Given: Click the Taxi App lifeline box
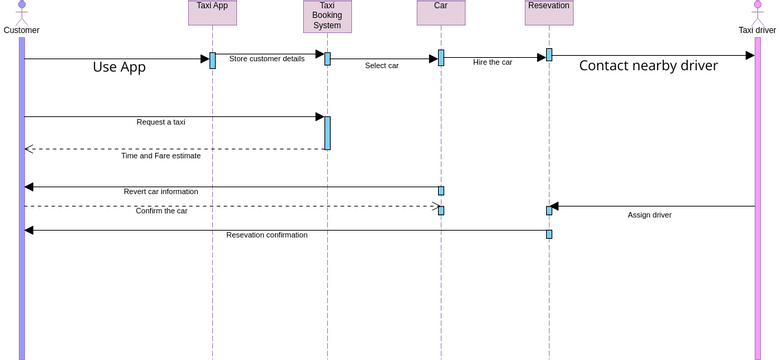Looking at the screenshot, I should tap(212, 12).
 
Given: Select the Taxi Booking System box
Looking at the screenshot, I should tap(327, 16).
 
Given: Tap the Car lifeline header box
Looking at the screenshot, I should tap(441, 12).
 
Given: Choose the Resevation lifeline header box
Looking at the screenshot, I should tap(549, 12).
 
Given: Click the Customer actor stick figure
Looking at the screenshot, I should tap(21, 11).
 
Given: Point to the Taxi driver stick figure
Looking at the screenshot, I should tap(757, 11).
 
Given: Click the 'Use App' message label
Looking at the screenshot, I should tap(119, 67).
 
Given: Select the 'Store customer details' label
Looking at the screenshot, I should tap(267, 59).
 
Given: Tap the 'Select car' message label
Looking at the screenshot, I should tap(382, 66).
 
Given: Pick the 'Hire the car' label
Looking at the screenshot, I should tap(492, 62).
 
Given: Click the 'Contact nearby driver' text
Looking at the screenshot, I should tap(648, 66).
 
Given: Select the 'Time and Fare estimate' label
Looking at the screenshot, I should tap(161, 156).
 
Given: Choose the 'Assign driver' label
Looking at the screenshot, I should tap(649, 215).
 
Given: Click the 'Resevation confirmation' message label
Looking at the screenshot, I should tap(267, 235).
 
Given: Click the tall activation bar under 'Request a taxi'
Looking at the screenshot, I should tap(327, 133).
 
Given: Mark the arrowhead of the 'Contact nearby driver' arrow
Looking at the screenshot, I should tap(750, 55).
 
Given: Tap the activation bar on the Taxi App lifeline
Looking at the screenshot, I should tap(212, 60).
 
